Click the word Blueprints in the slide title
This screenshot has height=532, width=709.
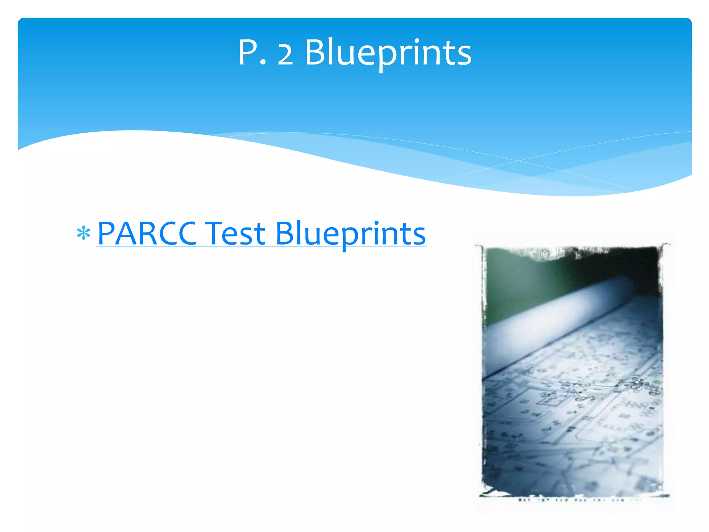(x=388, y=53)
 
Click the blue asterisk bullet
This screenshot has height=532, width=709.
(x=83, y=234)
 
